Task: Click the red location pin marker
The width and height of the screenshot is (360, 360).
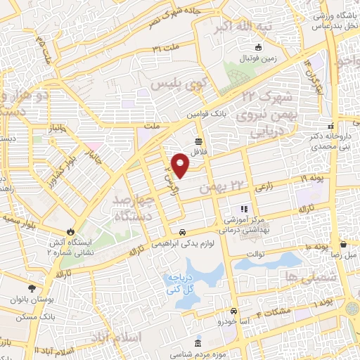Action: pos(181,165)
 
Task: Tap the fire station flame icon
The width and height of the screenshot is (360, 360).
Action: pos(70,232)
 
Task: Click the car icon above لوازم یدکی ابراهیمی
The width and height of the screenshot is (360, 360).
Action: pos(181,233)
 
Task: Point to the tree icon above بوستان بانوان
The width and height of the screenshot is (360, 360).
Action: pos(32,288)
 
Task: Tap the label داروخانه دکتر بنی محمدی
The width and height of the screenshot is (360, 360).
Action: pos(334,144)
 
